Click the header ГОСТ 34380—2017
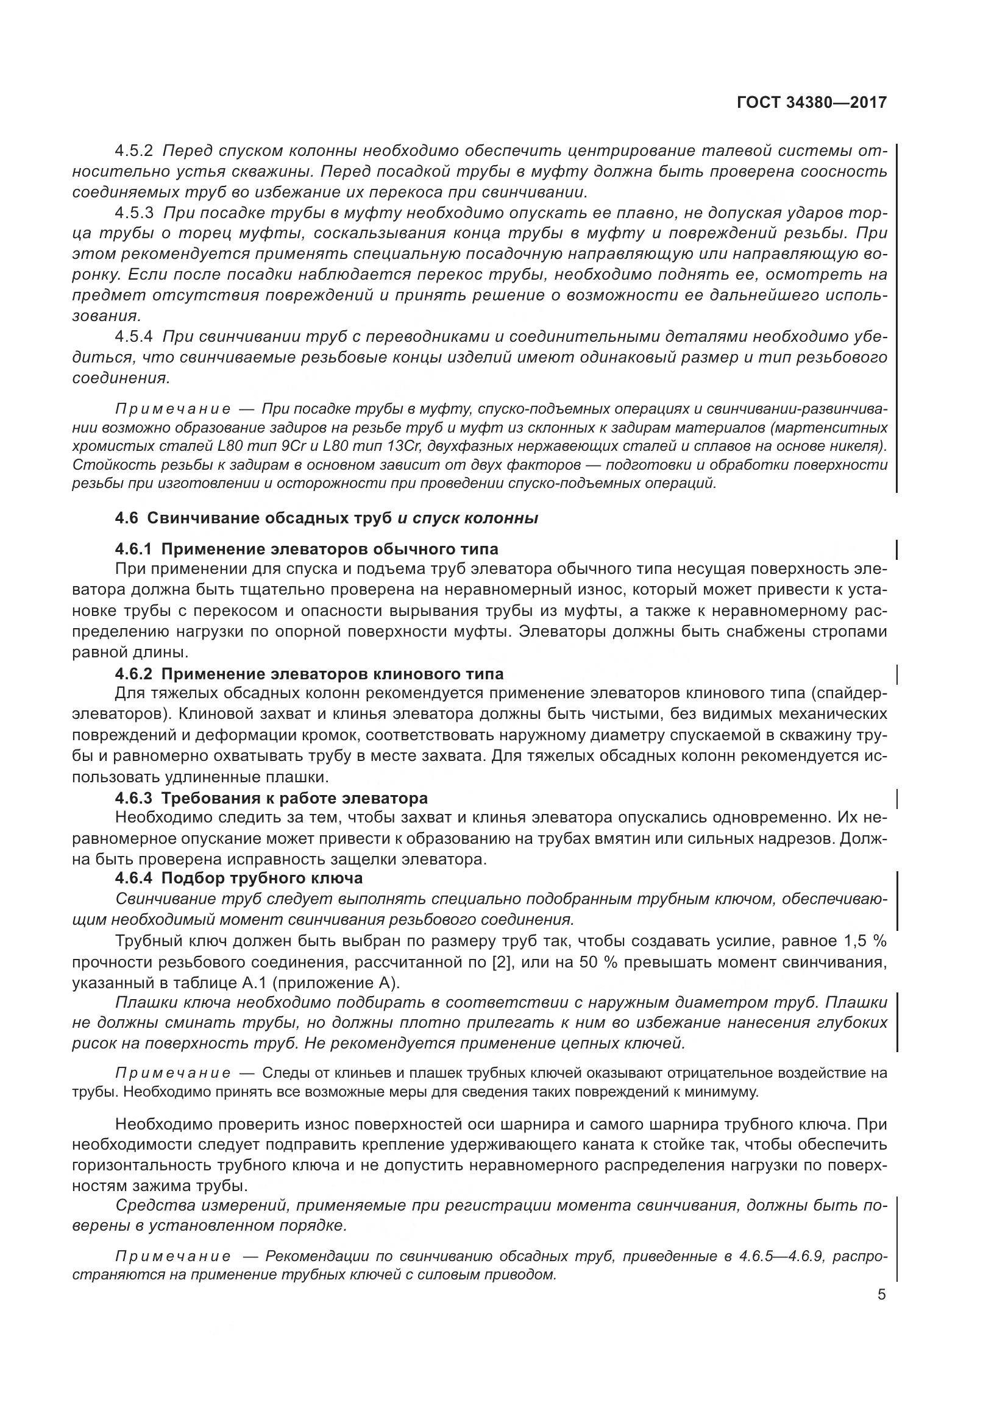coord(812,103)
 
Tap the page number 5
coord(881,1295)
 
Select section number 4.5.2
coord(133,151)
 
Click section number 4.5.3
coord(133,213)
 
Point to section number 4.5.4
coord(133,337)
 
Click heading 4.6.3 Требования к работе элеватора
coord(271,797)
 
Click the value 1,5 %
coord(864,941)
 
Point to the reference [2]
coord(500,963)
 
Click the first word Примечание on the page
coord(173,409)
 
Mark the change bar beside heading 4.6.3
coord(898,797)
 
